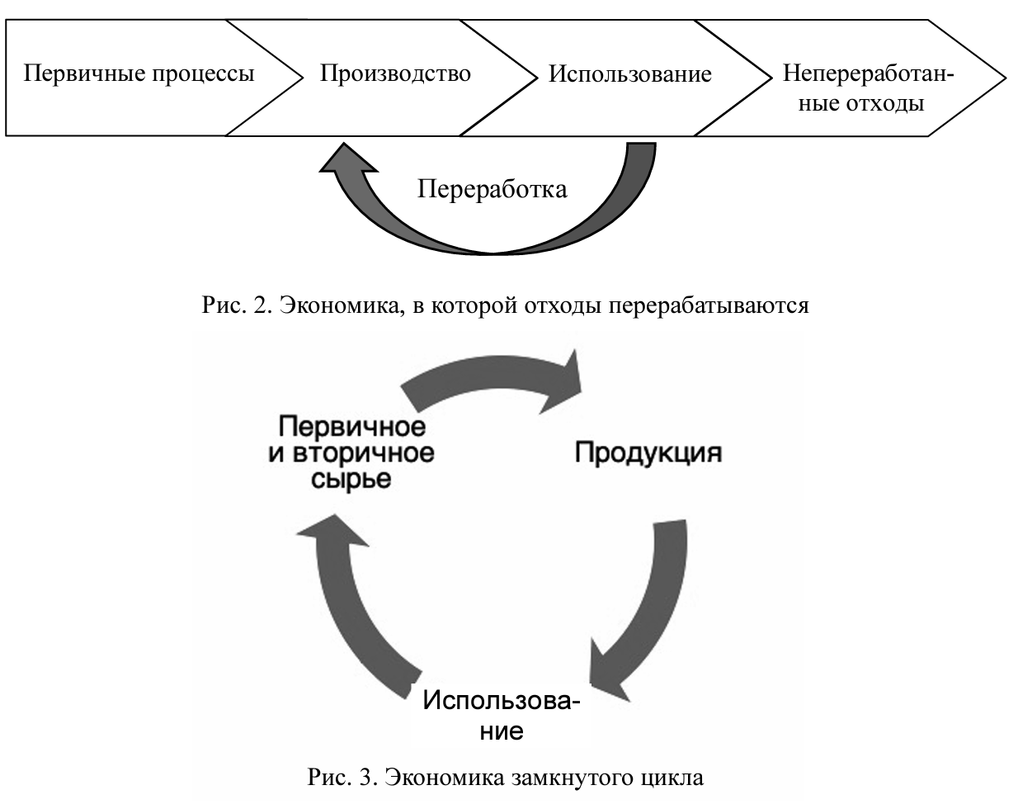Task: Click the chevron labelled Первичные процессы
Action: (139, 74)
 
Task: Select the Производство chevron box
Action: (395, 74)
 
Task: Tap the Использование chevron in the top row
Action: (629, 75)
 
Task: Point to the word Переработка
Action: (492, 189)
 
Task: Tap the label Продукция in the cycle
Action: (648, 452)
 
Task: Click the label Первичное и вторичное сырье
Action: (351, 452)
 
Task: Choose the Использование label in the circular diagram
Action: (502, 715)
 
